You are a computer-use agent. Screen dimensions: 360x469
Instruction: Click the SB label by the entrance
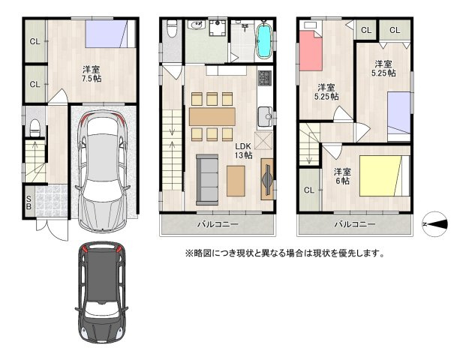[x=29, y=202]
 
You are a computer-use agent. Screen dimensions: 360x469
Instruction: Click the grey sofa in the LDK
[x=206, y=179]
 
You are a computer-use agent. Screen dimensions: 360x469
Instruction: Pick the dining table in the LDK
[x=212, y=116]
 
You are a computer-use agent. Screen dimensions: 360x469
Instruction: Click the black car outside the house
[x=101, y=292]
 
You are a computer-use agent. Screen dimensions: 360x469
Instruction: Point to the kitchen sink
[x=264, y=116]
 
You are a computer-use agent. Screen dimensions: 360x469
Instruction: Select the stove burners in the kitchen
[x=265, y=78]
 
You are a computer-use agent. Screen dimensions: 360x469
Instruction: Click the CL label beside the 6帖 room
[x=308, y=190]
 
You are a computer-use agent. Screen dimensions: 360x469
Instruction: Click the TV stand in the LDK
[x=266, y=180]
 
